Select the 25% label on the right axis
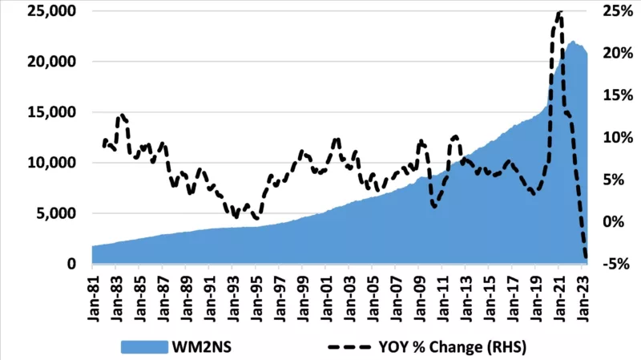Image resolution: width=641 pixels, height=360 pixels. pyautogui.click(x=619, y=12)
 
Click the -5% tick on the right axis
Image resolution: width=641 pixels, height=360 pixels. pyautogui.click(x=619, y=264)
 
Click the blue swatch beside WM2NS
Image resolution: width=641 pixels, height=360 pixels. pyautogui.click(x=144, y=346)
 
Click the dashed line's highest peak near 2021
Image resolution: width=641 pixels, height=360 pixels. pyautogui.click(x=559, y=12)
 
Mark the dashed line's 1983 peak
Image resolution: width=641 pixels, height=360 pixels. pyautogui.click(x=121, y=115)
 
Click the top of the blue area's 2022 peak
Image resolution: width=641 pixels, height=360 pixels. pyautogui.click(x=573, y=42)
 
